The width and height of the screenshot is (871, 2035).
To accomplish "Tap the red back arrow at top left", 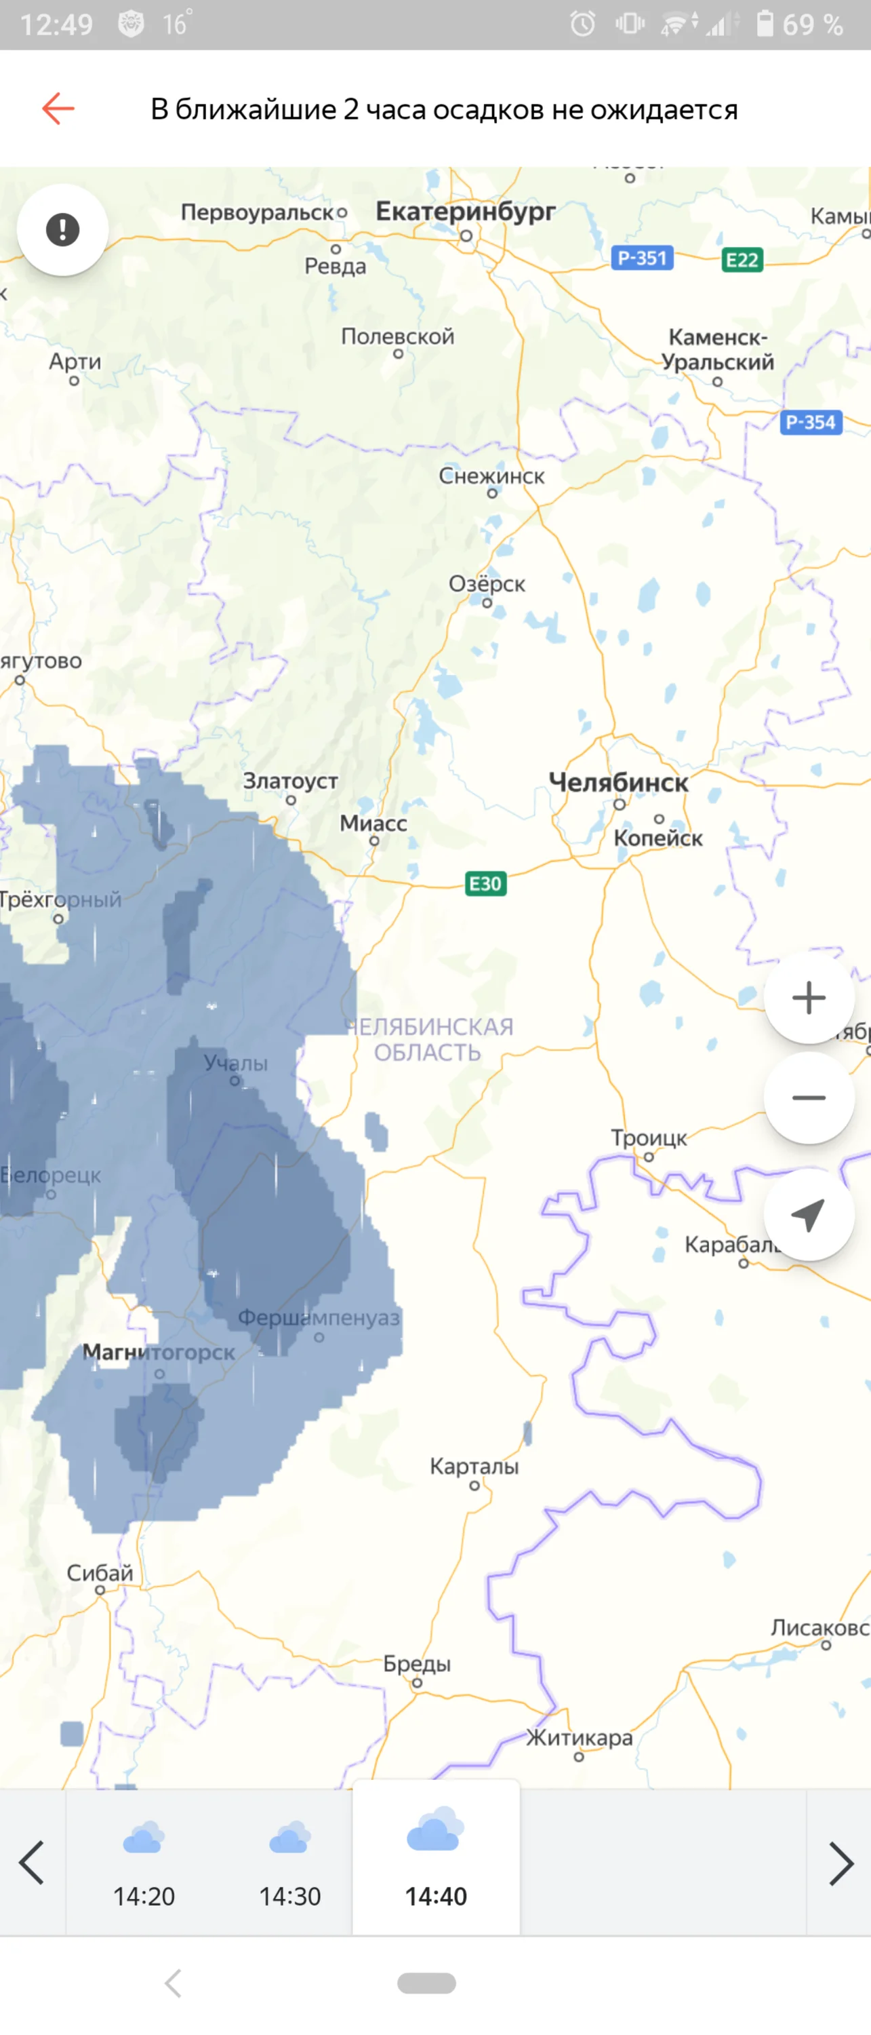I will tap(58, 109).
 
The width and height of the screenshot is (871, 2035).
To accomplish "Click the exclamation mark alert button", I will tap(62, 230).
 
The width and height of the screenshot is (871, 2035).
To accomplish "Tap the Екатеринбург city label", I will tap(465, 212).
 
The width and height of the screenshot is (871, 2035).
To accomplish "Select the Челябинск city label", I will tap(618, 783).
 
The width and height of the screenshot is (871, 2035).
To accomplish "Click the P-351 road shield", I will tap(642, 258).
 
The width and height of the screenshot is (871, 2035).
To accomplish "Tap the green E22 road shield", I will tap(742, 260).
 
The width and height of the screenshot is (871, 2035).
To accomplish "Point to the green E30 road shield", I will tap(485, 883).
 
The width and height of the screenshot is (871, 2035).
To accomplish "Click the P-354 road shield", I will tap(810, 423).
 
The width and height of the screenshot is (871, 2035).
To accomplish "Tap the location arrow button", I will tap(809, 1215).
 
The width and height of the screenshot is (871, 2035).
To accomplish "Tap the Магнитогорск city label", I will tap(159, 1353).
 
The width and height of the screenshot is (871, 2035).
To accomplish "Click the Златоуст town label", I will tap(290, 781).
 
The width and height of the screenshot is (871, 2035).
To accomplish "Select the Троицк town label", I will tap(648, 1138).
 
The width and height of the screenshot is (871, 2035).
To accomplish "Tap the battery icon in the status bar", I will tap(765, 24).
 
